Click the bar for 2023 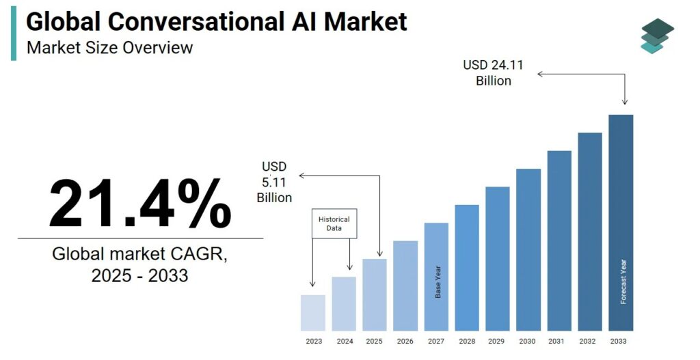pos(313,312)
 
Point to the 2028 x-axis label pos(467,341)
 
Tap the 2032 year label pos(590,341)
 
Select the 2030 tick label pos(528,341)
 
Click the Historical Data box pos(334,223)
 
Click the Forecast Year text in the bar pos(623,281)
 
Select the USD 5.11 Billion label pos(274,182)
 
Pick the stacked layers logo pos(657,36)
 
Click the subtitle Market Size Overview pos(109,48)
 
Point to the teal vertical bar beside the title pos(14,33)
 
